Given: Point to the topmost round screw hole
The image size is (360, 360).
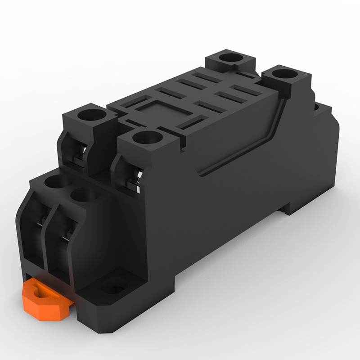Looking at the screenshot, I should pyautogui.click(x=231, y=58).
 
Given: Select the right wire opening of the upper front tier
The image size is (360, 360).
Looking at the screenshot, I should pyautogui.click(x=133, y=178).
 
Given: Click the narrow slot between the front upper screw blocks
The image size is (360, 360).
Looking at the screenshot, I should pyautogui.click(x=131, y=123).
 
